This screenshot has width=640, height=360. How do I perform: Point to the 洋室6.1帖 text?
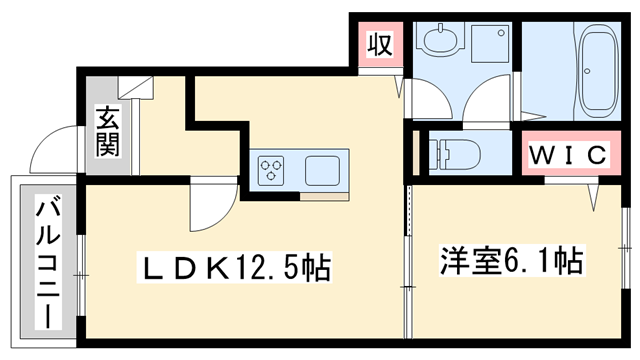tap(511, 262)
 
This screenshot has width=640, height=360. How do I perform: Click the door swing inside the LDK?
tap(210, 205)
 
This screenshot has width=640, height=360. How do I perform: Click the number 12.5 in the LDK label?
tap(268, 267)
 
